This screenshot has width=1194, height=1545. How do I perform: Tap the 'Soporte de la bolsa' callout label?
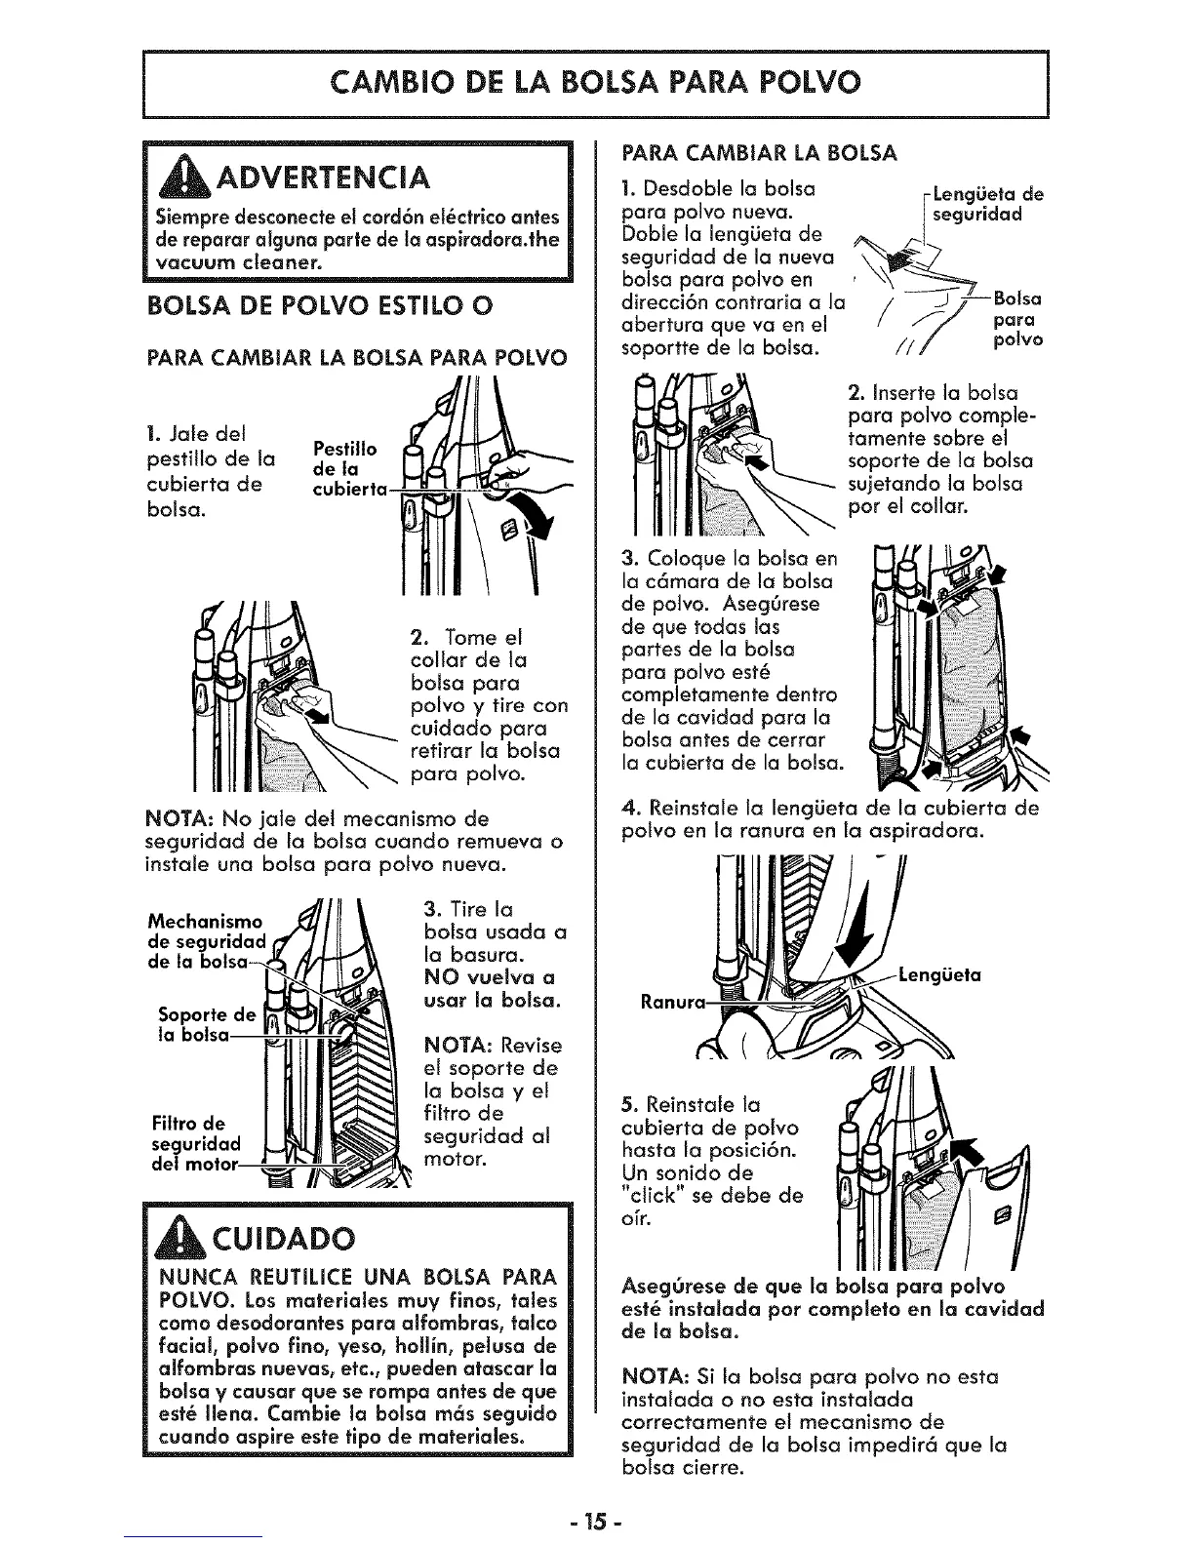196,1023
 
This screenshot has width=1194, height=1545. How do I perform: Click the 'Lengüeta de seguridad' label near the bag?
987,203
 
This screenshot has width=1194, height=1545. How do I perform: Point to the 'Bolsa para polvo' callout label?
1017,319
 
